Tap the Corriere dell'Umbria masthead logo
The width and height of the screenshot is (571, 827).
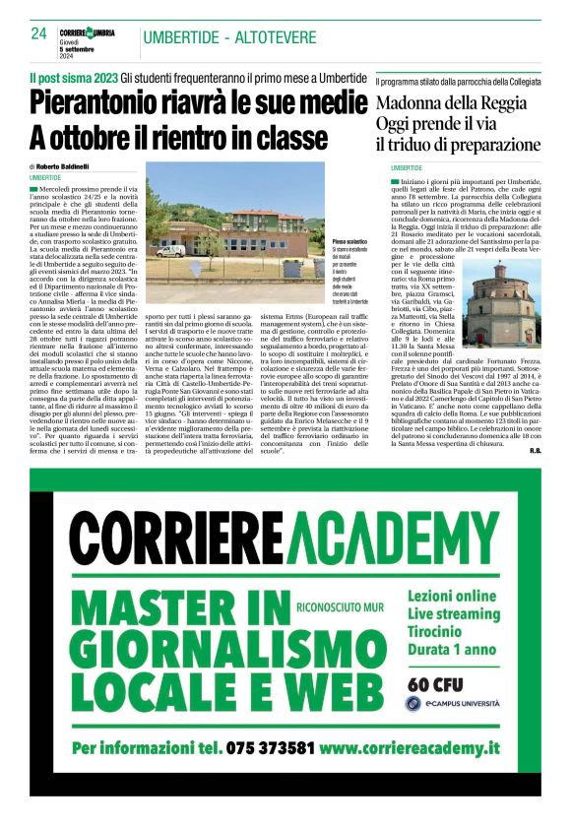pyautogui.click(x=87, y=32)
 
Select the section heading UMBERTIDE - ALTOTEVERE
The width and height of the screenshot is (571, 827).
pyautogui.click(x=229, y=37)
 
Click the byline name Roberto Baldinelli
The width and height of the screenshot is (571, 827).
pyautogui.click(x=67, y=167)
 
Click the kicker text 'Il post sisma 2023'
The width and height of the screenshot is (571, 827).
pyautogui.click(x=73, y=78)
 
